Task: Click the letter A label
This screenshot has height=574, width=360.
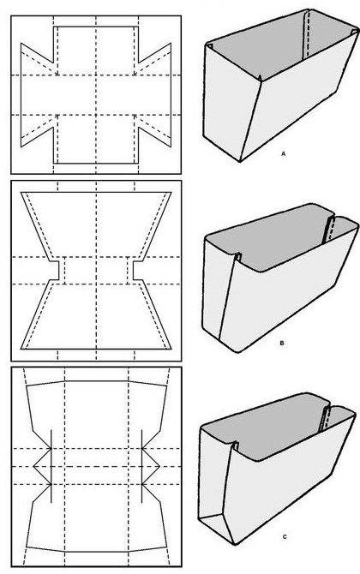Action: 283,154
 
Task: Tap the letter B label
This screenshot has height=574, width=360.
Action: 282,344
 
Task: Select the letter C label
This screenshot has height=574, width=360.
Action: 285,537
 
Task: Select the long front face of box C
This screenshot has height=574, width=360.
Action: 290,483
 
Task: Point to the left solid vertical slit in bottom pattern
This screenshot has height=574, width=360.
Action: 51,466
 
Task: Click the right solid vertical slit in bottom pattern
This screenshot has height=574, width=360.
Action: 141,466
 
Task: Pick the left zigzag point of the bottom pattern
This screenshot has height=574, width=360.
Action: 34,466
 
